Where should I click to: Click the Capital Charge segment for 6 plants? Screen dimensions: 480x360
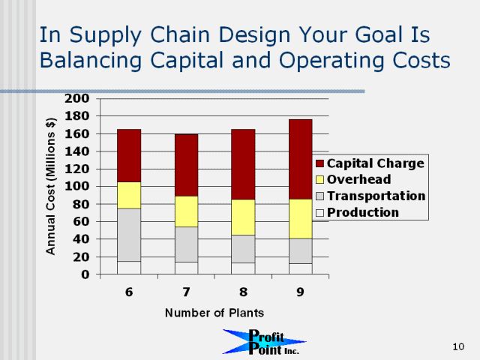coord(129,155)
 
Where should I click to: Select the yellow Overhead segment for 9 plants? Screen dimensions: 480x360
coord(301,219)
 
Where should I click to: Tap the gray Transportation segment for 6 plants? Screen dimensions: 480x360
coord(129,235)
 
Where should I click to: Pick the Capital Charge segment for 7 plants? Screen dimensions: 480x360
coord(186,165)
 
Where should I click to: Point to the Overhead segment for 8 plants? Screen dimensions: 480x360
coord(243,217)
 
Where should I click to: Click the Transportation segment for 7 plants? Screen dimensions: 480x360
coord(186,244)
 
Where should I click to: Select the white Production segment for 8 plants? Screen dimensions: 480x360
coord(243,268)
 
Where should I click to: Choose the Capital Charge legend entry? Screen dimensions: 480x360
coord(370,163)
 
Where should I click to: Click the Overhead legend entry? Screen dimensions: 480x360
coord(353,179)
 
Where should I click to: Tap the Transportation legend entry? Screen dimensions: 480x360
coord(370,196)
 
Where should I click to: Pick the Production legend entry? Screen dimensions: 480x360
coord(357,212)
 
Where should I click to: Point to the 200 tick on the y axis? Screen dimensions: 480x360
coord(76,98)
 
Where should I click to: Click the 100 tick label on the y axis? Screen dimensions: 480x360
coord(76,186)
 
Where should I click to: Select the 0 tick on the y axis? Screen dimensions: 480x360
coord(85,274)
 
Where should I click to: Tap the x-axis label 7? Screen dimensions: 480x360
coord(186,292)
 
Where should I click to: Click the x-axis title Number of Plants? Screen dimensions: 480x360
coord(214,313)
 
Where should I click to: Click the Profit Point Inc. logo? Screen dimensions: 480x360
coord(264,342)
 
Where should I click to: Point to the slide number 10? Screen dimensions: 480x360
coord(458,346)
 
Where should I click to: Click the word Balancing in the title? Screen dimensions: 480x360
coord(91,60)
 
